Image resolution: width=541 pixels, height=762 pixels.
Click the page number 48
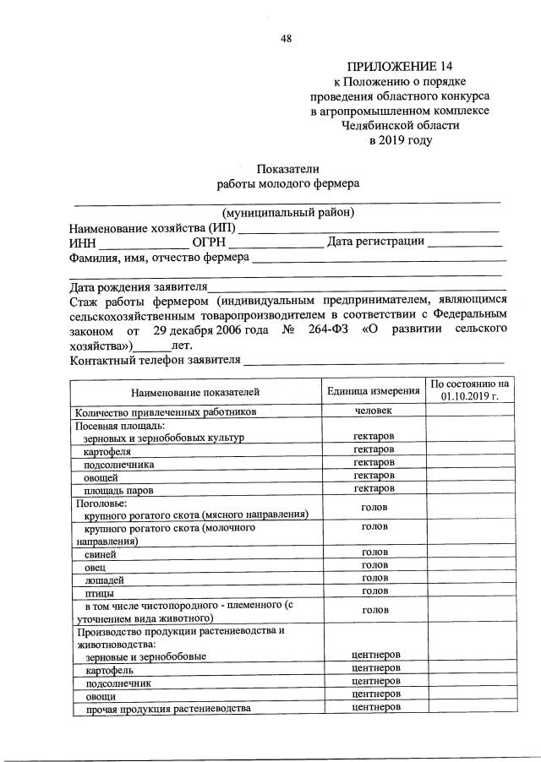(286, 39)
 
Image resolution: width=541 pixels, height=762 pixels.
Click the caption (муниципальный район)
(287, 212)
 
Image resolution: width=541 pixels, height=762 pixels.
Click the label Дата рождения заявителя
(138, 287)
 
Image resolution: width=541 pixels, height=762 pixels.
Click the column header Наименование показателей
(194, 392)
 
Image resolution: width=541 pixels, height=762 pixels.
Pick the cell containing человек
(374, 411)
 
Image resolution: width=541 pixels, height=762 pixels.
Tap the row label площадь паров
(117, 490)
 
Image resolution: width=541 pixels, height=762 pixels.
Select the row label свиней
(101, 554)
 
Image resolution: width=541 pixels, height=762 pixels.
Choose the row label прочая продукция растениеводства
(167, 708)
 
